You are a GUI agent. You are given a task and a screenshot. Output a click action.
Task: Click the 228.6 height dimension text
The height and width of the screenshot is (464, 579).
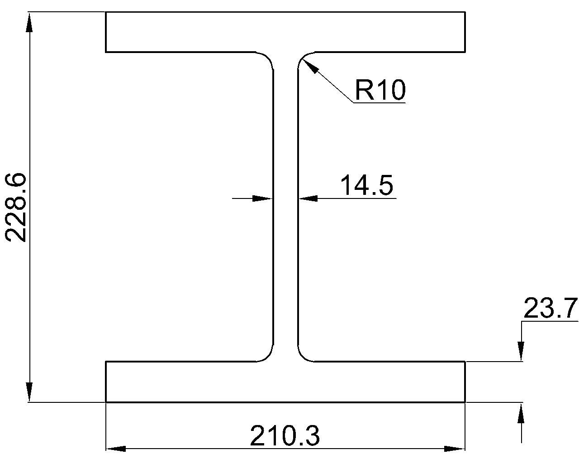point(15,208)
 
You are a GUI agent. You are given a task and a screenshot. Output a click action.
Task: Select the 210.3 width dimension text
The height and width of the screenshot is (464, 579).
point(285,436)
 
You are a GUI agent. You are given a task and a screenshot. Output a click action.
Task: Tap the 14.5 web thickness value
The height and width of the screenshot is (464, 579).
point(367,185)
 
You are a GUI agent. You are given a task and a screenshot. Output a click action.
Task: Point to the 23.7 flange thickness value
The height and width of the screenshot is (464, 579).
point(551,308)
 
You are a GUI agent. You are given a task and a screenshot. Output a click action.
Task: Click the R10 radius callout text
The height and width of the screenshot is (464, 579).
point(380,90)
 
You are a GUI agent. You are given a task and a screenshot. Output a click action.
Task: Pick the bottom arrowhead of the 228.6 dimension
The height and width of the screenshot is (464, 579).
point(29,392)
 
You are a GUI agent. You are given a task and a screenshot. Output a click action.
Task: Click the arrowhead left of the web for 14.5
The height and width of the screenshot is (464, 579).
point(263,198)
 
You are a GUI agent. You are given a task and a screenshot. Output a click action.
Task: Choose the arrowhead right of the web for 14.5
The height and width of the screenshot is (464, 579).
point(308,198)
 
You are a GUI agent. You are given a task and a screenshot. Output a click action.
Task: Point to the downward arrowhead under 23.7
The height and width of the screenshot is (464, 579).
point(521,351)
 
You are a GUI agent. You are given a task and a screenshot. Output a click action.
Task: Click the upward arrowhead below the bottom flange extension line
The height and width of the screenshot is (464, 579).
point(521,413)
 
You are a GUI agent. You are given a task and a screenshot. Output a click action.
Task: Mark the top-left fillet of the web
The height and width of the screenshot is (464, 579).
point(267,58)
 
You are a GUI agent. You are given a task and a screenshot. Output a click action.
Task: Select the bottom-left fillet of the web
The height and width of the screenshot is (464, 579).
point(267,355)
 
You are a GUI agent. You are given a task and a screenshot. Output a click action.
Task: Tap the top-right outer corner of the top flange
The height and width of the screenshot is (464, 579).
point(465,12)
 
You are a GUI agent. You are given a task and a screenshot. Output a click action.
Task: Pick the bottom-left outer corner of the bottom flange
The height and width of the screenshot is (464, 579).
point(106,402)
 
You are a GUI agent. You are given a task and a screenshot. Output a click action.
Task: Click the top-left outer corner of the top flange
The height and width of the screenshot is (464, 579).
point(106,12)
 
